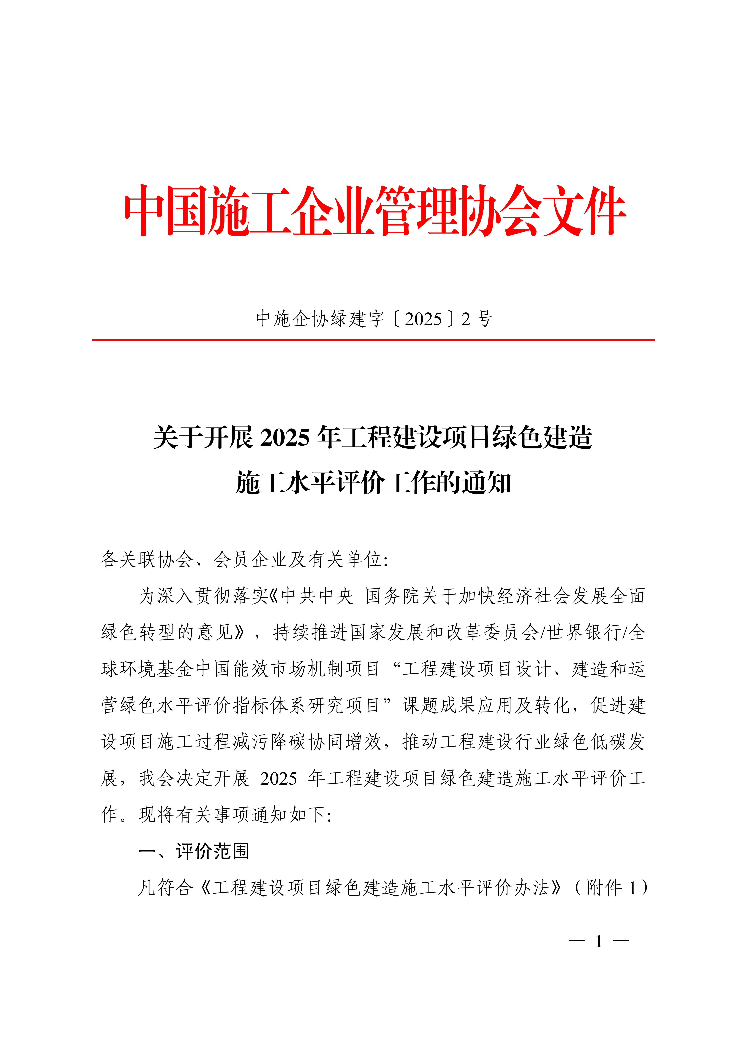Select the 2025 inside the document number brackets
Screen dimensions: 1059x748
click(x=423, y=319)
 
